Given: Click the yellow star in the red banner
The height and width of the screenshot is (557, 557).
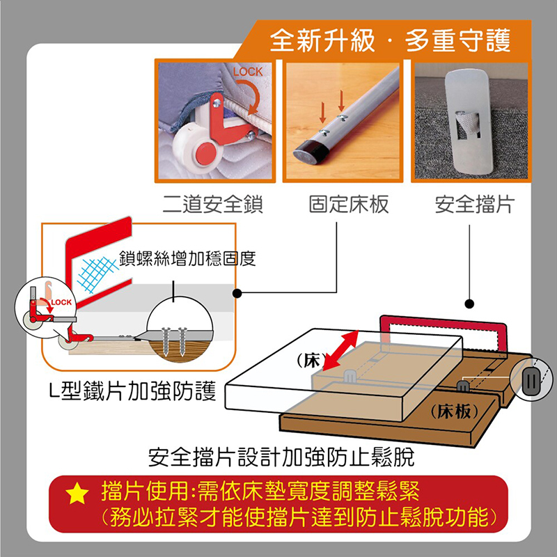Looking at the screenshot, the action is pos(77,494).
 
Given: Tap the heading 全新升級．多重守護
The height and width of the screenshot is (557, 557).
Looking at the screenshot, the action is pos(390,40).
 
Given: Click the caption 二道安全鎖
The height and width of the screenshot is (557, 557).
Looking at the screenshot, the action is pos(213,205).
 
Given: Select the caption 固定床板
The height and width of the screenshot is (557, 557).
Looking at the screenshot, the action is pos(349,205).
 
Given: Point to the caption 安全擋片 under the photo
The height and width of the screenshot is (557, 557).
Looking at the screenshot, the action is pos(475,205).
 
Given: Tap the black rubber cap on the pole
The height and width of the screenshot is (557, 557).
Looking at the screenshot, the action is pos(311,151).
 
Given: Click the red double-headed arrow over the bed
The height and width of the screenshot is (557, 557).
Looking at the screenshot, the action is pos(340,350).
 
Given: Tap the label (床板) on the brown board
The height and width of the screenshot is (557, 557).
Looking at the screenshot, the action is pos(455,411).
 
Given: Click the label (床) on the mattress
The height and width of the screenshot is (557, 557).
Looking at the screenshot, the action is pos(308,361).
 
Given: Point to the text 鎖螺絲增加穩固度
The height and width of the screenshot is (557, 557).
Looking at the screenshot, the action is pos(187,258).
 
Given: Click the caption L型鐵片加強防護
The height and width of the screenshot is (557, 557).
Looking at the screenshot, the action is pos(132,391).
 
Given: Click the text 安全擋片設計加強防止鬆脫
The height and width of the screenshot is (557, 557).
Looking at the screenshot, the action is pos(281,457).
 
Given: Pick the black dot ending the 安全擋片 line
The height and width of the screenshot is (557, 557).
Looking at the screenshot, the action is pos(469,304).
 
